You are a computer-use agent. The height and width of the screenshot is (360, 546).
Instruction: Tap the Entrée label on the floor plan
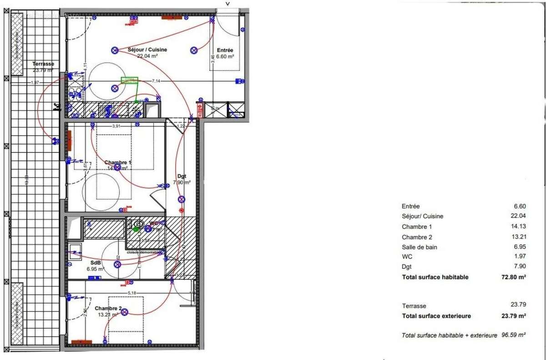click(x=225, y=51)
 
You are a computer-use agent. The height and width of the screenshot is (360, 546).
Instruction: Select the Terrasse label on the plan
click(x=43, y=64)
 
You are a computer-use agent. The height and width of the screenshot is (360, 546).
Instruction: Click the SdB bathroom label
click(x=95, y=263)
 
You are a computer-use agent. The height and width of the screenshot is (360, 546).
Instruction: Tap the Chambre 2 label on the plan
click(x=108, y=308)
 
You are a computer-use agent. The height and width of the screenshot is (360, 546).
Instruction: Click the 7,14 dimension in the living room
click(x=156, y=81)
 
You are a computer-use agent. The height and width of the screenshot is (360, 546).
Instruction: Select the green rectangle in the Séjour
click(x=129, y=81)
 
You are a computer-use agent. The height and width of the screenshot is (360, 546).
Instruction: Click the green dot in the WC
click(x=136, y=229)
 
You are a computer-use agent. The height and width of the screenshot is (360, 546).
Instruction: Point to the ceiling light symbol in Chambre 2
click(x=124, y=312)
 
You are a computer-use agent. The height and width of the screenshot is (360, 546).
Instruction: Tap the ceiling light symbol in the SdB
click(x=117, y=264)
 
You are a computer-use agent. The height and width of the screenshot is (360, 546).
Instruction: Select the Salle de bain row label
click(x=420, y=247)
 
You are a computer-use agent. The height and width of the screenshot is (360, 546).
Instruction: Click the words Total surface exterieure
click(x=436, y=316)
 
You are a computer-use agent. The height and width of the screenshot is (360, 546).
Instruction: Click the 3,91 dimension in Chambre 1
click(x=116, y=126)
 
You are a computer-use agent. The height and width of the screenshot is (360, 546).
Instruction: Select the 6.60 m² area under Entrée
click(x=225, y=57)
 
